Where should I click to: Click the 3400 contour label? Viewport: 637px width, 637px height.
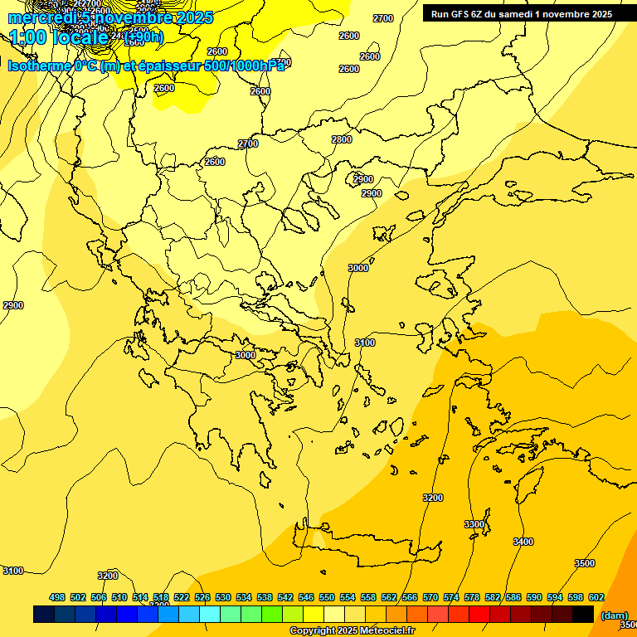pos(523,542)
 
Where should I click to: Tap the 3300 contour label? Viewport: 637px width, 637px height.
pos(474,524)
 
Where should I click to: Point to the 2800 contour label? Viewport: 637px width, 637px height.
pos(342,139)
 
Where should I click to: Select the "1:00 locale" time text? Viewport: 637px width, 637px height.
pos(59,37)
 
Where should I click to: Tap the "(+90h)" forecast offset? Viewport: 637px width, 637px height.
pos(143,37)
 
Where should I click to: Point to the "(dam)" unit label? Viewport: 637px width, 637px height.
pos(614,615)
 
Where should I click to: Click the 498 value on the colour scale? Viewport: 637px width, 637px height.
pos(57,597)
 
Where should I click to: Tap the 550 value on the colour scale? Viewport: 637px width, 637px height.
pos(327,597)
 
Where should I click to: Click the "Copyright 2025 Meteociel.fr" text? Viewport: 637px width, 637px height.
pos(353,631)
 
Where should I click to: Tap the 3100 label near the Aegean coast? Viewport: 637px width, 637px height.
pos(365,343)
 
